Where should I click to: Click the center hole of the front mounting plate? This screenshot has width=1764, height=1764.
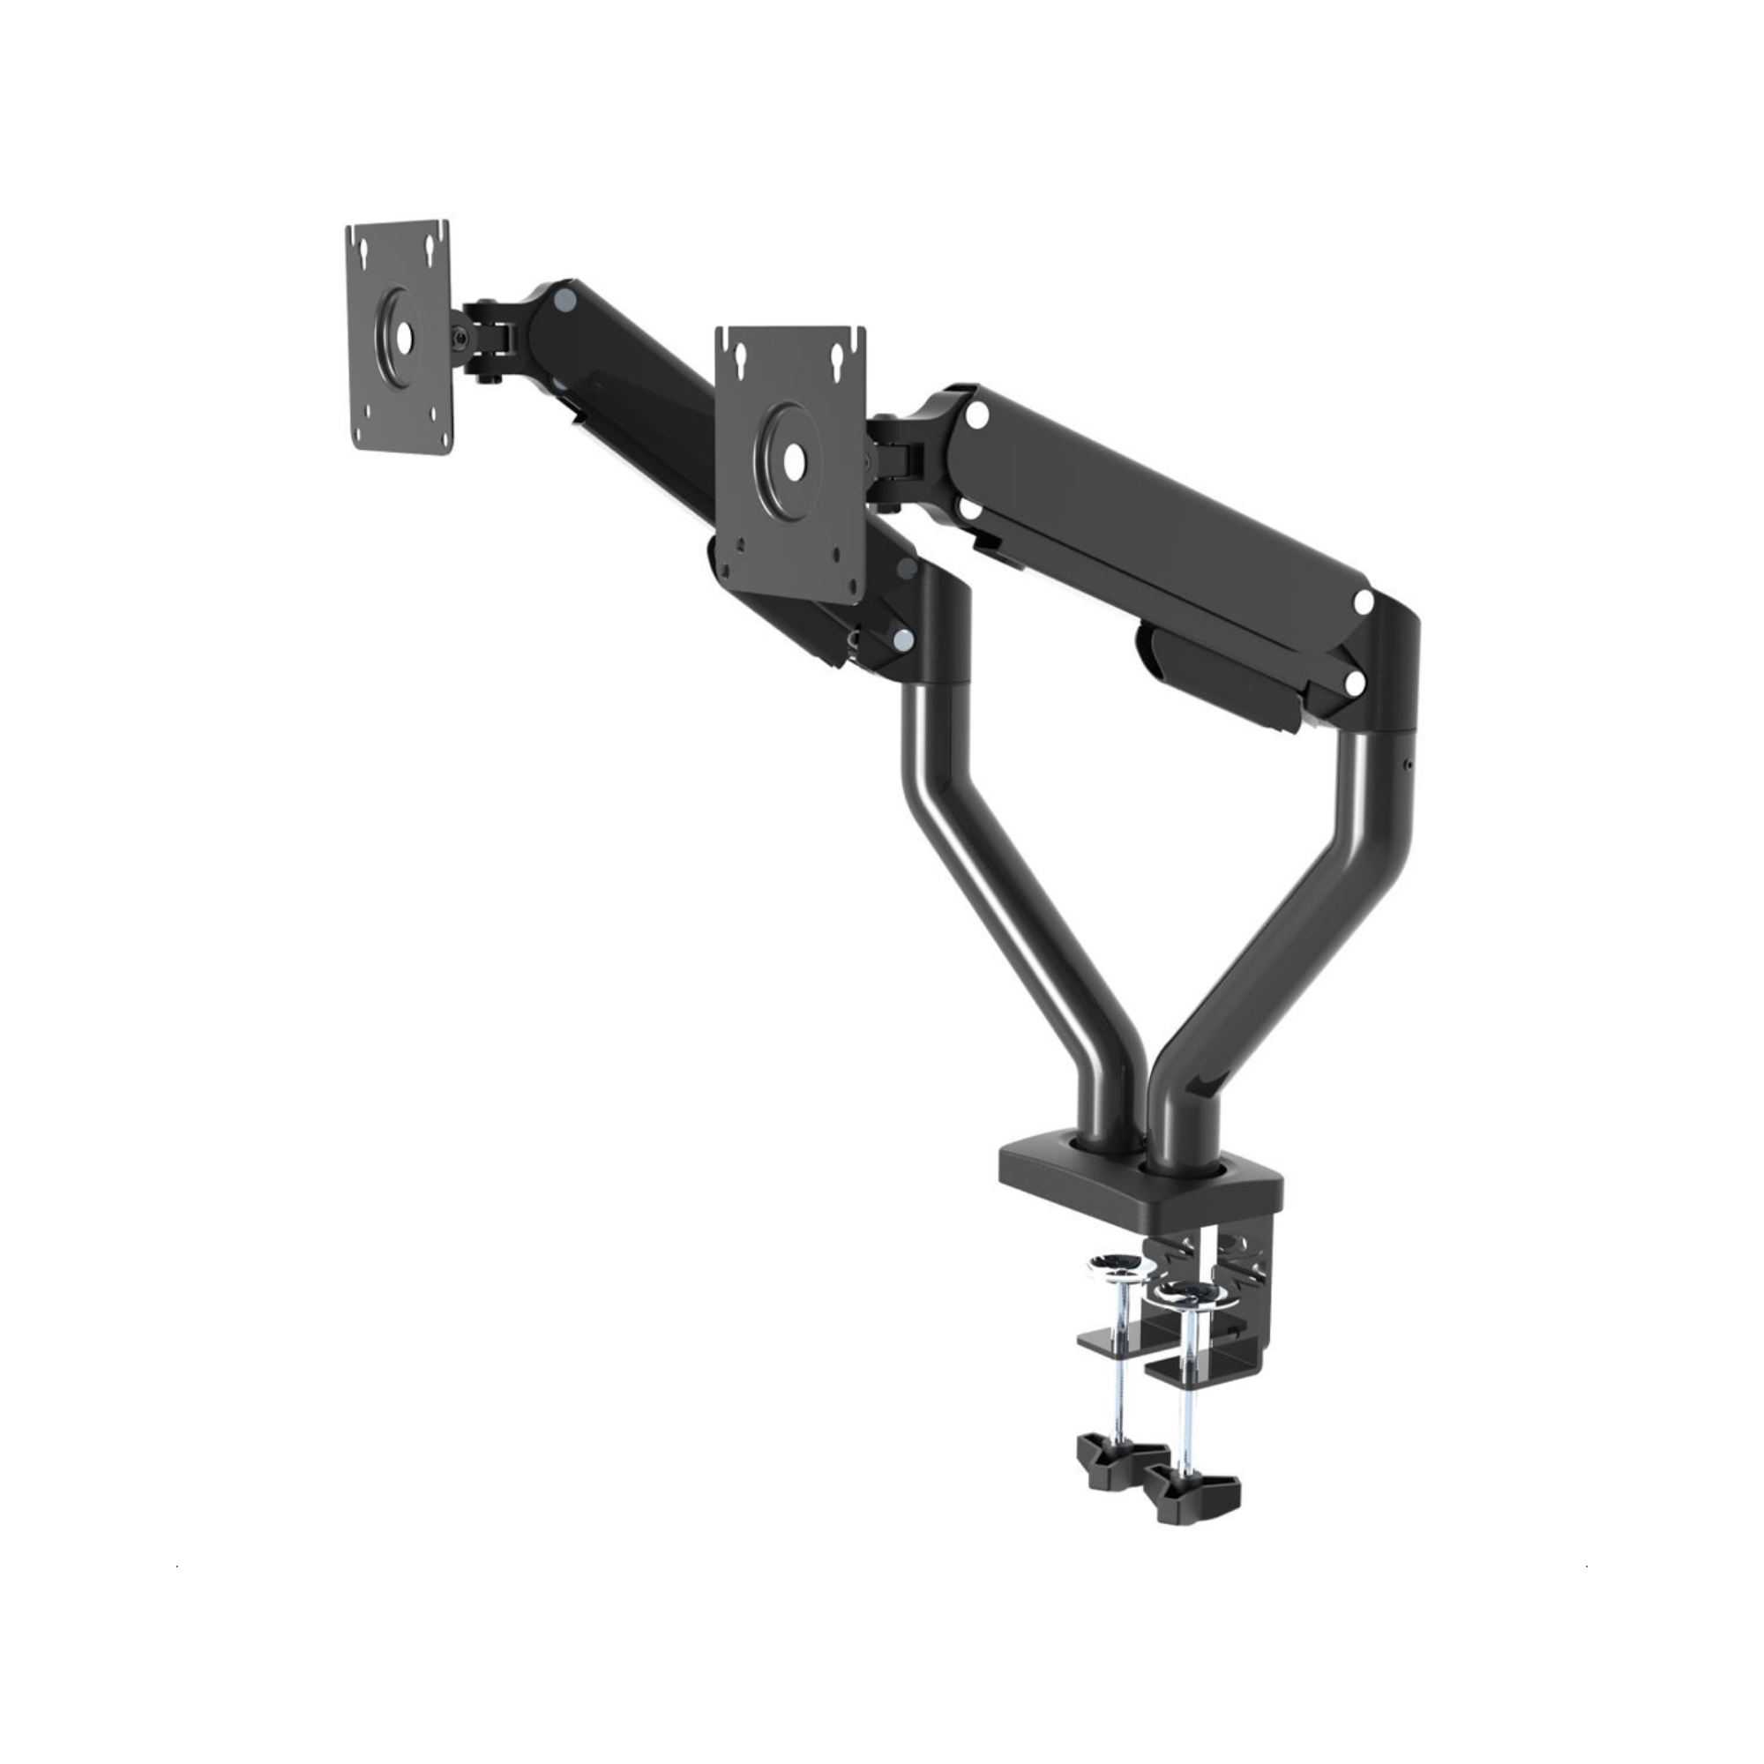[794, 461]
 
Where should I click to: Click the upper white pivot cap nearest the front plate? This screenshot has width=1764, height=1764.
[976, 415]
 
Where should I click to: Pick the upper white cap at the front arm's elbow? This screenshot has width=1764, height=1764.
[1364, 602]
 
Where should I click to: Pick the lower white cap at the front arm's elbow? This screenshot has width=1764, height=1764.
[1356, 682]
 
